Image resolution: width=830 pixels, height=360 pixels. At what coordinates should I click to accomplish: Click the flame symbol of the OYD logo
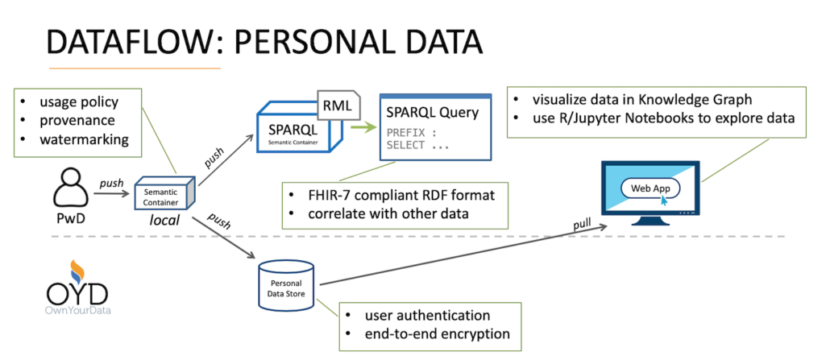pos(75,268)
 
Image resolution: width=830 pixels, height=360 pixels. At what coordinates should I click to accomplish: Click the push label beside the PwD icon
pos(111,184)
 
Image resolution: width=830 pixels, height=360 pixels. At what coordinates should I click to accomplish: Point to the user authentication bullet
pos(427,315)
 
